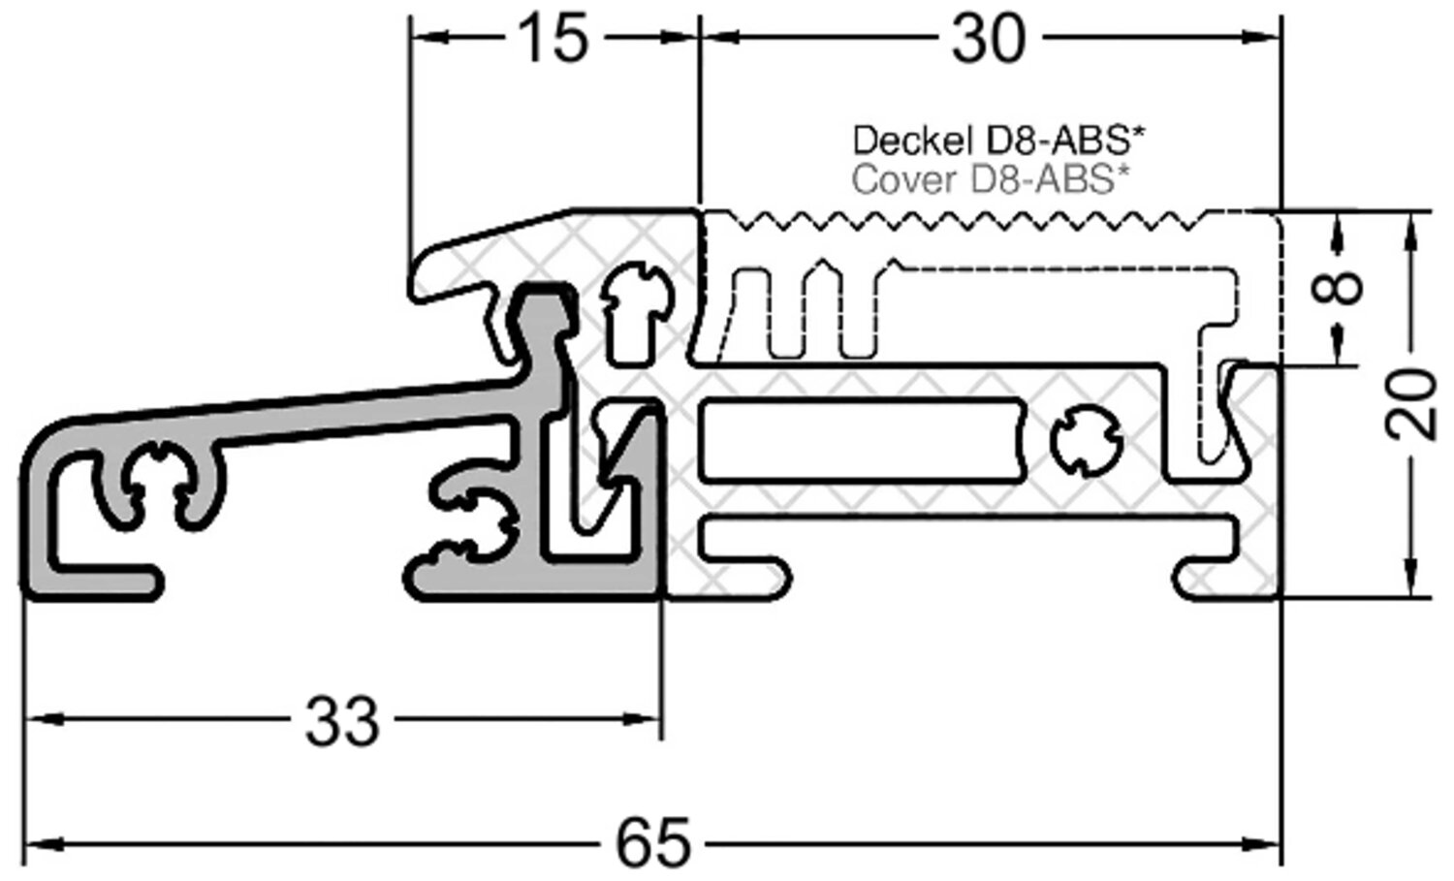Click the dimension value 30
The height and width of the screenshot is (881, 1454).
(x=988, y=40)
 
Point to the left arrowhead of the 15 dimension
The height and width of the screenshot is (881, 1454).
(x=427, y=39)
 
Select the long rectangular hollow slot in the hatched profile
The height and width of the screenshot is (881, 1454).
(x=858, y=442)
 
